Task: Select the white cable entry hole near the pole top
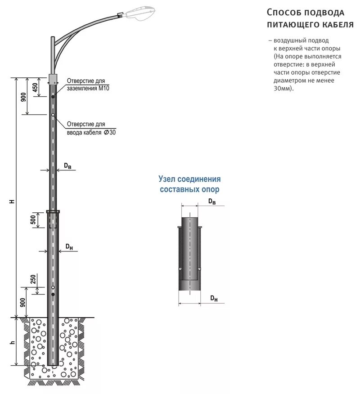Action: click(x=53, y=115)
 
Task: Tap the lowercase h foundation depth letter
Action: click(x=13, y=343)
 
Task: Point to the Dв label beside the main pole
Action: click(x=67, y=166)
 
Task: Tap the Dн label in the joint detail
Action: click(x=214, y=298)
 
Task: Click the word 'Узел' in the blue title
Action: click(x=167, y=179)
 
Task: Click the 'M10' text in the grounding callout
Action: click(x=104, y=89)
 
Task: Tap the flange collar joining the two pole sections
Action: click(x=53, y=211)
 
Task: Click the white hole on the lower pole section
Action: click(x=53, y=287)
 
